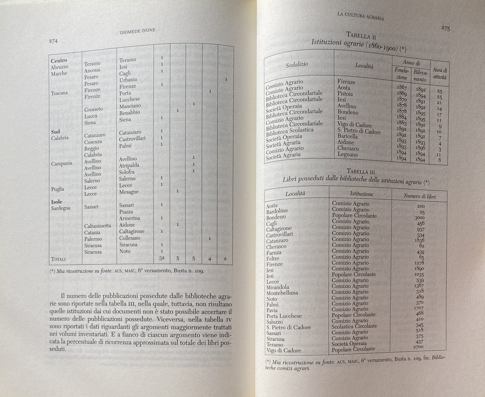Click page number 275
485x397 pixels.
tap(445, 28)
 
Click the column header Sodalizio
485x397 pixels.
tap(297, 65)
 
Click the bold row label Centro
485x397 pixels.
tap(59, 61)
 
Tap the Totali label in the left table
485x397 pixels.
tap(58, 259)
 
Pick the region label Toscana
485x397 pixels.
tap(59, 92)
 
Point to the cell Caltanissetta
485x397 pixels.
tap(98, 226)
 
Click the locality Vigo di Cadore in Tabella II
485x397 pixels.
tap(354, 125)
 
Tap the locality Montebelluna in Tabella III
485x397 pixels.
tap(282, 293)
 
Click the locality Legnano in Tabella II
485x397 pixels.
tap(347, 155)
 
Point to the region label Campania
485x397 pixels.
tap(61, 163)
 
